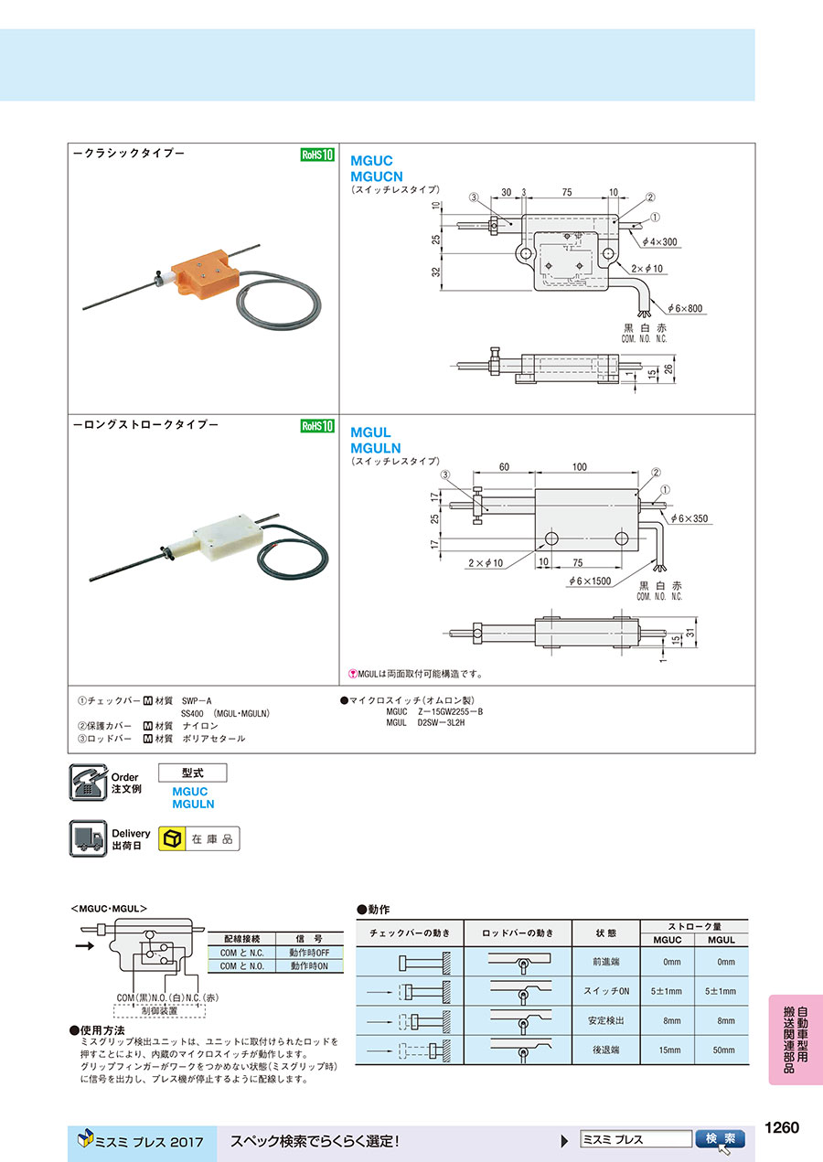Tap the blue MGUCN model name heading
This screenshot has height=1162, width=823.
click(x=377, y=175)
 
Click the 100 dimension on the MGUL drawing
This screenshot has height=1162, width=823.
click(x=579, y=468)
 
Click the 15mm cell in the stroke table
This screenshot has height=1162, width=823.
click(x=672, y=1050)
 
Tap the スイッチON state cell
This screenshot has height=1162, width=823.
click(x=605, y=991)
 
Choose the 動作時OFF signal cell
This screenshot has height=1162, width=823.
click(x=308, y=953)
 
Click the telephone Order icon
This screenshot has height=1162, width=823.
click(x=89, y=783)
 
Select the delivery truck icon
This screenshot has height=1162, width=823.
click(x=89, y=838)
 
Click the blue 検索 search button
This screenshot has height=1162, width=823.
click(x=721, y=1139)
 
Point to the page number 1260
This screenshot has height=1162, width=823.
click(x=783, y=1127)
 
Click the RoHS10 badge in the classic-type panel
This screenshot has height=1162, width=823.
click(x=317, y=155)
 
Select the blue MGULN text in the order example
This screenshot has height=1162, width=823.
click(x=193, y=804)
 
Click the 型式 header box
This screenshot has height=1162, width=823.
click(x=192, y=773)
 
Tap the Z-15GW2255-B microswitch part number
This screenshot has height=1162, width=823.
click(x=449, y=710)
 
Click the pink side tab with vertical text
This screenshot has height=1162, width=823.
click(x=796, y=1039)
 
